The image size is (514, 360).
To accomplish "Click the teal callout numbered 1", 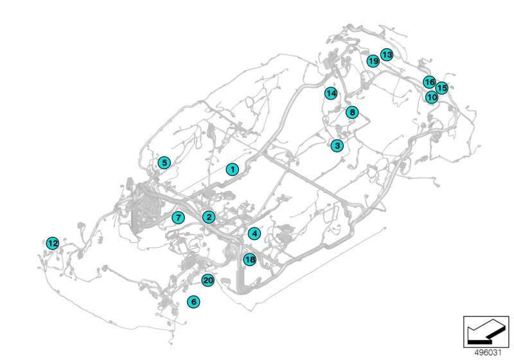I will tap(233, 169).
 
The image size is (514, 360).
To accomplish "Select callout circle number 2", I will tap(209, 217).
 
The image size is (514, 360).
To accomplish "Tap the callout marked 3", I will tap(337, 146).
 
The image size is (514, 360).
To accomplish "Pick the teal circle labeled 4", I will tap(254, 233).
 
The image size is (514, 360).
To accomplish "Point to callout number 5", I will tap(164, 163).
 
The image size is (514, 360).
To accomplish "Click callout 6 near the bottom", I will tap(193, 301).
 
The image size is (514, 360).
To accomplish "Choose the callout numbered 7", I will tap(178, 217).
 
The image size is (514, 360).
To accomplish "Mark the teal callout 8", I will tap(351, 113).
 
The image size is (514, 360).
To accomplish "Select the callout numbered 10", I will tap(432, 97).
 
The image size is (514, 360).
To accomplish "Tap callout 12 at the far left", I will tap(53, 243).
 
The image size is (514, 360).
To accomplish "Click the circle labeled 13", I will tap(387, 55).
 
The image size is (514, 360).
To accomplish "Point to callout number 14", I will tap(330, 93).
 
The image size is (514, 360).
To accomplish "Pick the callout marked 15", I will tap(441, 87).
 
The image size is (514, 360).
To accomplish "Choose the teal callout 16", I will tap(429, 82).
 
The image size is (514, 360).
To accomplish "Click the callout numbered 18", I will tap(250, 260).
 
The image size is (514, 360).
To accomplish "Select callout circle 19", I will tap(373, 61).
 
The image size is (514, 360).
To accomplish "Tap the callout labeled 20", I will tap(208, 280).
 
